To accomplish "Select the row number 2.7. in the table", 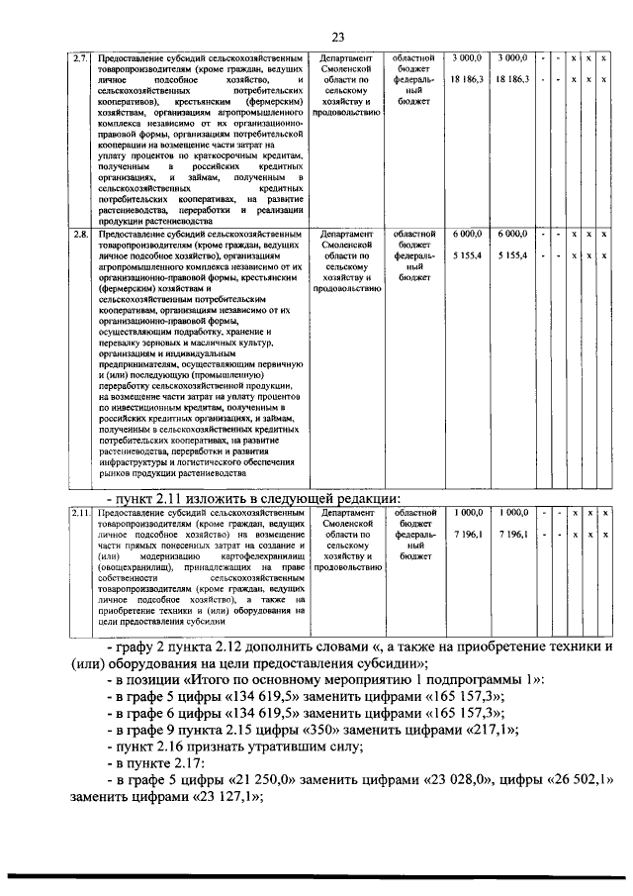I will tap(82, 57).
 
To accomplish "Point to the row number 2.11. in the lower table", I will tap(82, 513).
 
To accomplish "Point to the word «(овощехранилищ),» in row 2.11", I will tap(136, 568).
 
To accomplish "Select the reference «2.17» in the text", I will tap(203, 769).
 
